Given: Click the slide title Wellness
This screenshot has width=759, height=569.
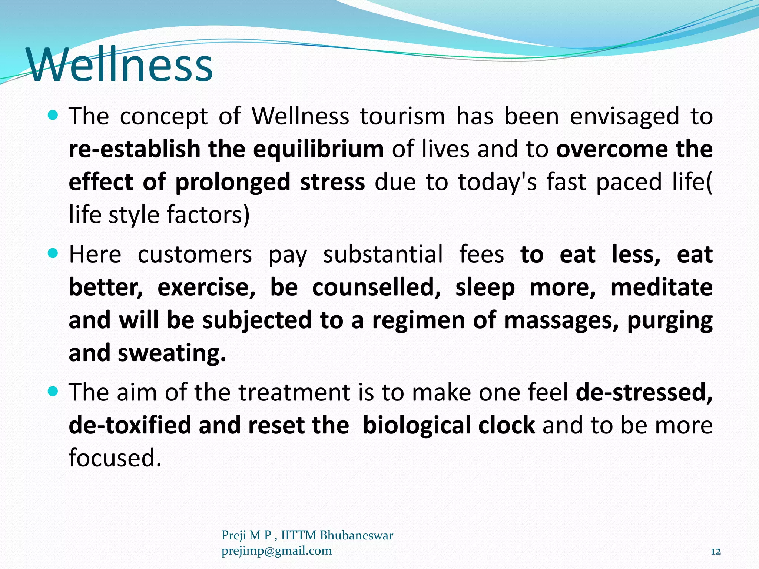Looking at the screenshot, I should (x=119, y=65).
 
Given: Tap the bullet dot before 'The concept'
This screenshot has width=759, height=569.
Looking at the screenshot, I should (x=53, y=116).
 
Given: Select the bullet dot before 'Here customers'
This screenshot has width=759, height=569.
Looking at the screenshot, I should (x=53, y=254).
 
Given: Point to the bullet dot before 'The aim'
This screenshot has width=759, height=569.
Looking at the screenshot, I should (x=53, y=392).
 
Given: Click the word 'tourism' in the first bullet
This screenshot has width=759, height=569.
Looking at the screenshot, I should (x=402, y=116).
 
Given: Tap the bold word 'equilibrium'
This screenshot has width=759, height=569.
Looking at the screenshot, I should (x=318, y=150).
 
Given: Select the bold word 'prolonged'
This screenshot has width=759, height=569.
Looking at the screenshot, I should (x=233, y=182).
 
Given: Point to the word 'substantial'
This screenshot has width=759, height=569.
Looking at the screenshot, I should (x=383, y=254).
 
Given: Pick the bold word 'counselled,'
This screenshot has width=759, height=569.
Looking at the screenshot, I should (x=377, y=287).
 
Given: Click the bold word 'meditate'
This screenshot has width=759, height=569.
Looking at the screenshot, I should (x=661, y=287).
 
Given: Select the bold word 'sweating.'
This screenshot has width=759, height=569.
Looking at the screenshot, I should (x=172, y=353).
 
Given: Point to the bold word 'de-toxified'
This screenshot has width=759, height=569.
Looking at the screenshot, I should (x=129, y=425).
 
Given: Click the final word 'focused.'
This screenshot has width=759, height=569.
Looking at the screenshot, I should (x=115, y=458).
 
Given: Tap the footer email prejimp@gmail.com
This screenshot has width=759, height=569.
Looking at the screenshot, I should (x=276, y=551).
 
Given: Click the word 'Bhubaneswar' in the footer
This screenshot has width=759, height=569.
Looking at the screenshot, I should (x=356, y=535).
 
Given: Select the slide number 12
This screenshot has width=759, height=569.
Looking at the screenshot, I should (x=716, y=552).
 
